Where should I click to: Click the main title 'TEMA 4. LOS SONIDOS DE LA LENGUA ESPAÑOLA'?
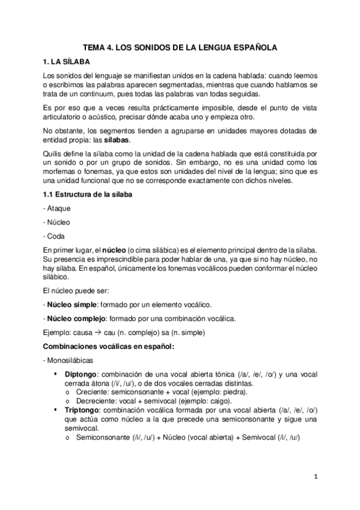click(180, 46)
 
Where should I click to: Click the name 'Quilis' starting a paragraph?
click(53, 153)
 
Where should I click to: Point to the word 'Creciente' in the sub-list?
click(91, 392)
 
